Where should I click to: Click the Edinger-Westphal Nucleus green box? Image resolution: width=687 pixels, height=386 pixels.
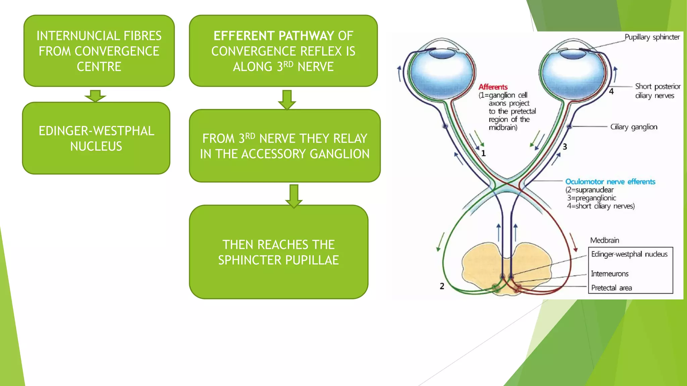(x=96, y=138)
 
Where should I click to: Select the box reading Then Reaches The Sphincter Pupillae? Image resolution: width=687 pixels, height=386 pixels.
(x=278, y=252)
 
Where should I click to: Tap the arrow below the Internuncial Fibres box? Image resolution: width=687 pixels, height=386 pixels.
(x=95, y=96)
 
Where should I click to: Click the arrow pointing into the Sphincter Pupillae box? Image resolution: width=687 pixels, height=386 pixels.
(x=294, y=196)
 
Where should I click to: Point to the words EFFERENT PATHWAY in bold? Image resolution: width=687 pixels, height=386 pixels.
(x=274, y=36)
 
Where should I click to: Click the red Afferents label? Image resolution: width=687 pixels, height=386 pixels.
(x=493, y=87)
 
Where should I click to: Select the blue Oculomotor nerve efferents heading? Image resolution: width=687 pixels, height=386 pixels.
(x=610, y=182)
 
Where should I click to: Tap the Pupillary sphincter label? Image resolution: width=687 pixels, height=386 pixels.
(x=652, y=37)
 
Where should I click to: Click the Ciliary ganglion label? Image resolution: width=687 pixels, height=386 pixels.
(x=633, y=127)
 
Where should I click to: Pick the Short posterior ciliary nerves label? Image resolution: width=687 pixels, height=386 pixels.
(x=657, y=91)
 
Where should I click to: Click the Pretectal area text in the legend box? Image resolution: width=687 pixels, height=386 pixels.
(x=611, y=288)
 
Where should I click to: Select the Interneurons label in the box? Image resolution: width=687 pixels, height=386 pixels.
(x=610, y=274)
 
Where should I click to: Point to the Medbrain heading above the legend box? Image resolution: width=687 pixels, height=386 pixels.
(x=604, y=240)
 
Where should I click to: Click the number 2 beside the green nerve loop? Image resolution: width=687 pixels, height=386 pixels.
(x=442, y=286)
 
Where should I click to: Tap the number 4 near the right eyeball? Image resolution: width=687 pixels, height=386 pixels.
(x=611, y=91)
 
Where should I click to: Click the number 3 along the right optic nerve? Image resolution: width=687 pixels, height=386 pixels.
(x=565, y=146)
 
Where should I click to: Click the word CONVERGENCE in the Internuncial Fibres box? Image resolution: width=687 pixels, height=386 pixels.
(x=117, y=51)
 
